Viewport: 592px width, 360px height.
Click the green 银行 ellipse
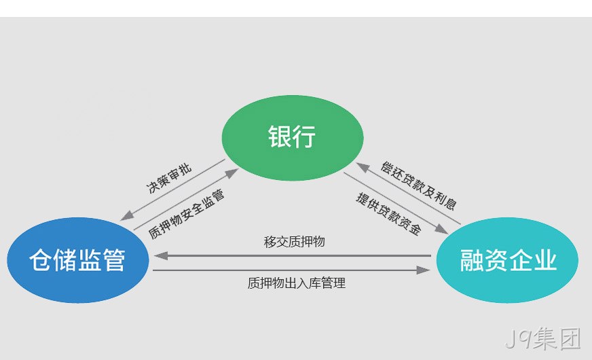(x=292, y=137)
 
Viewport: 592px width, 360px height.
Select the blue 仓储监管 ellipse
(x=78, y=260)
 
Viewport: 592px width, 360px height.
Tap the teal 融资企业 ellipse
(x=507, y=260)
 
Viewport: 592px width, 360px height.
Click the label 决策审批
(x=169, y=179)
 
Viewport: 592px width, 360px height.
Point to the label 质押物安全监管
(x=186, y=214)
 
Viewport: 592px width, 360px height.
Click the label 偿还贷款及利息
(x=418, y=185)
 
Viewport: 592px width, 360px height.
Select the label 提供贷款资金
(x=388, y=213)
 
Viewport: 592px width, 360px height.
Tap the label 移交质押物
(x=294, y=242)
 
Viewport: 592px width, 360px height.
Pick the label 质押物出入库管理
(x=297, y=283)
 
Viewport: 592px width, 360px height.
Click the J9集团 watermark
(x=543, y=338)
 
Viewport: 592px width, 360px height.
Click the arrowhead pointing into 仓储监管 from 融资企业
(x=161, y=256)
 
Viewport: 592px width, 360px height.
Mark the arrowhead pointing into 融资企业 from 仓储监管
(x=423, y=270)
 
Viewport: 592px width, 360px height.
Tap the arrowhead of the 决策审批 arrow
(x=127, y=216)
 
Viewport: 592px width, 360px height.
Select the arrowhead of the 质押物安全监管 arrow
(x=232, y=173)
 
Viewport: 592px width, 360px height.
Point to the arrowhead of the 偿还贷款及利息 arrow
(x=363, y=167)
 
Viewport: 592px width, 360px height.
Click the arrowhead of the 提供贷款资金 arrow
(x=441, y=229)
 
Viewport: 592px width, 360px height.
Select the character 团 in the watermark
(x=570, y=339)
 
